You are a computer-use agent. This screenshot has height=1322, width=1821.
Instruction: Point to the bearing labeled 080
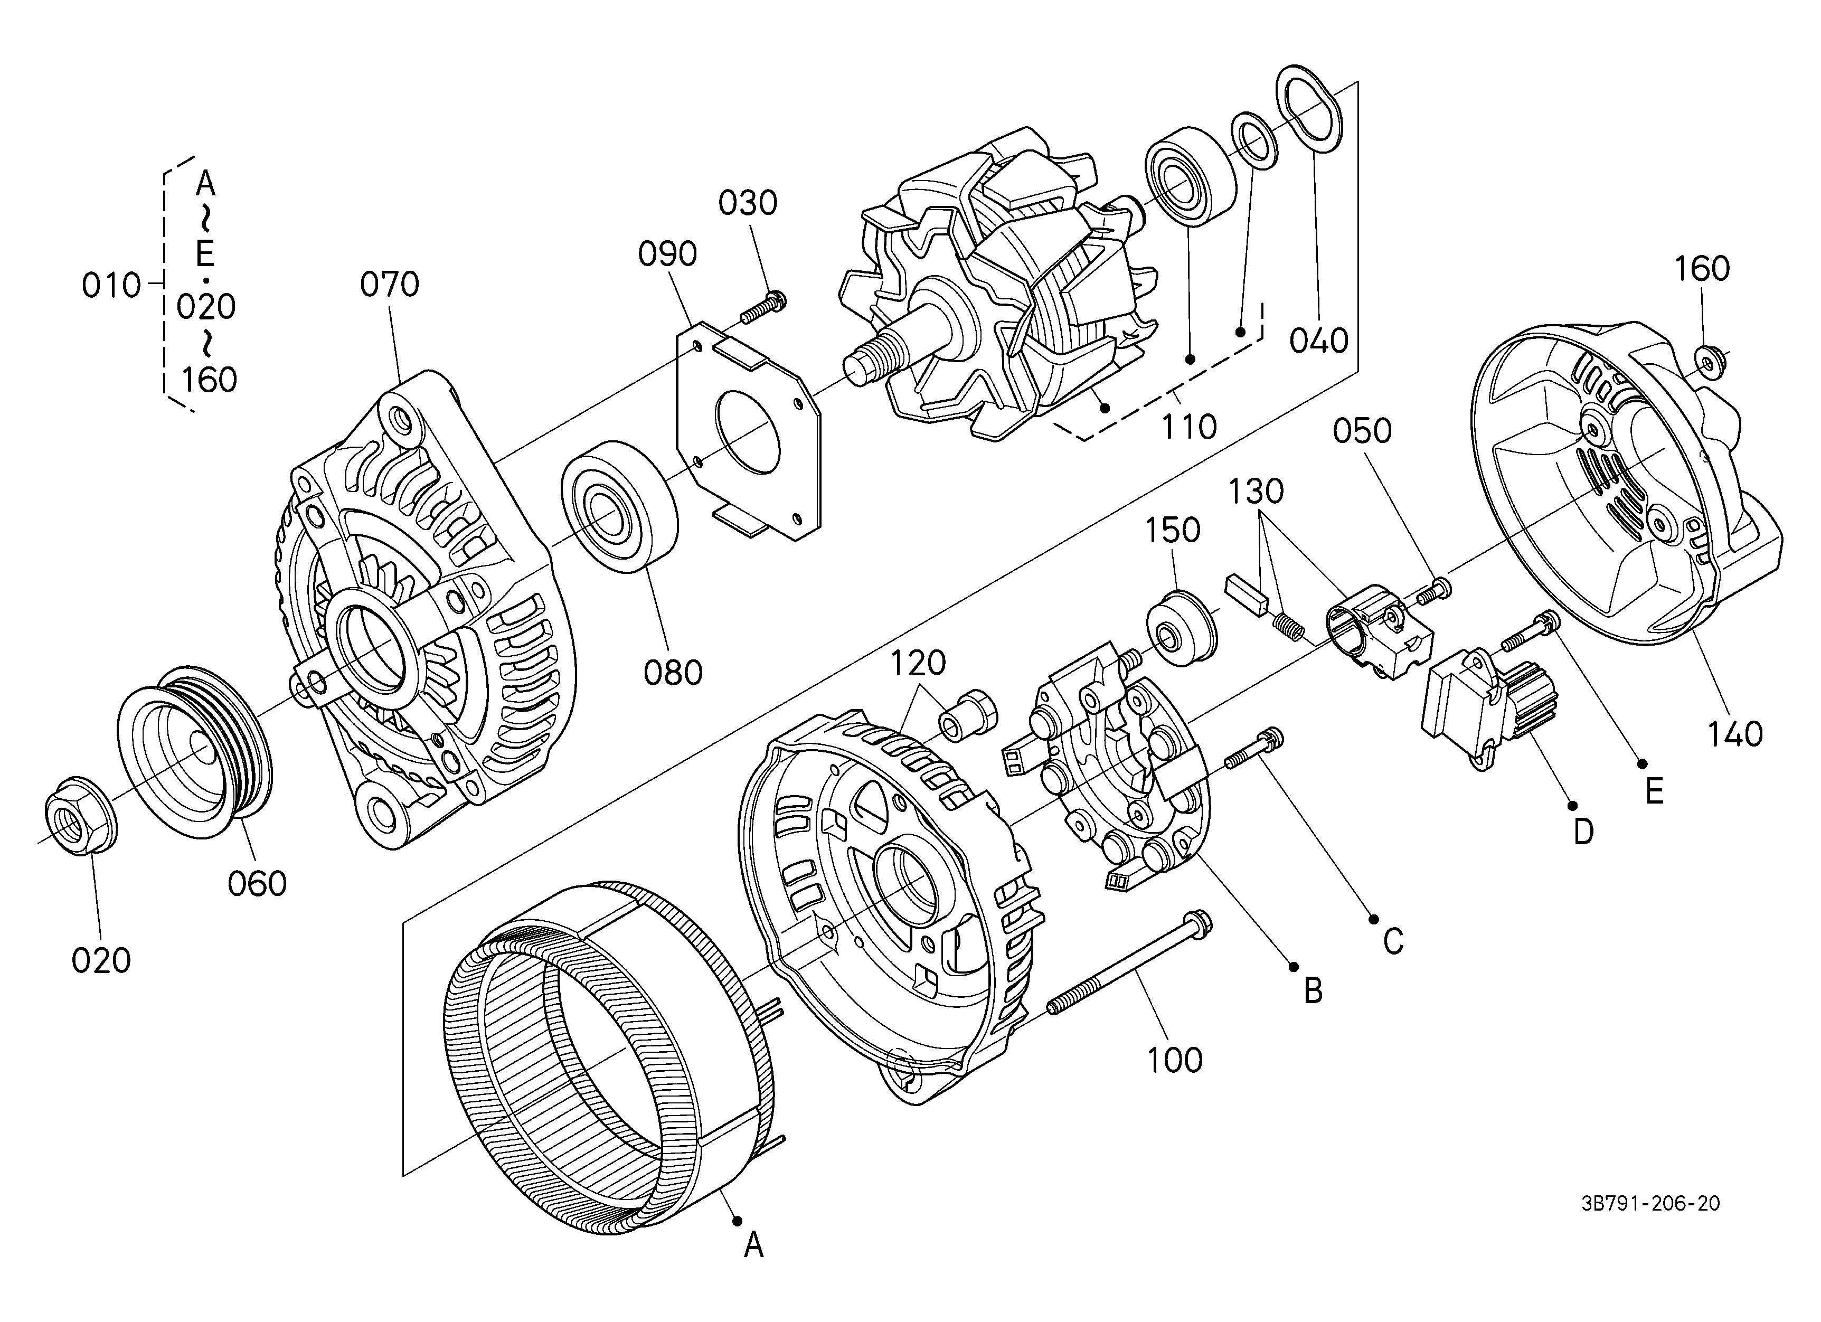[x=619, y=506]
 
